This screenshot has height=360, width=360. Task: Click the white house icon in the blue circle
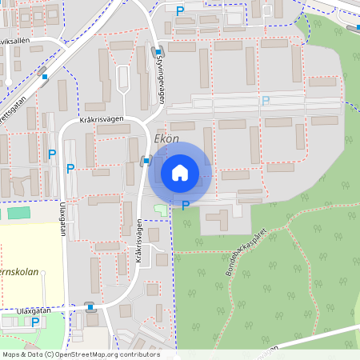tap(180, 172)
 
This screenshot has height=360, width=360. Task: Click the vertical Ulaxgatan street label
tap(62, 218)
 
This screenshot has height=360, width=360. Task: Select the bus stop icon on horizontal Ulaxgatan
tap(90, 306)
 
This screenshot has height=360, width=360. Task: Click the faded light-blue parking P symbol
tap(266, 101)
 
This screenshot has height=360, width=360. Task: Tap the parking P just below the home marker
tap(186, 206)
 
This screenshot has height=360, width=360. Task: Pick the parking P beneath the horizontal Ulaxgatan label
tap(34, 322)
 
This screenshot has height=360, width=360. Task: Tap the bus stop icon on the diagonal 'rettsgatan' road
tap(45, 77)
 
